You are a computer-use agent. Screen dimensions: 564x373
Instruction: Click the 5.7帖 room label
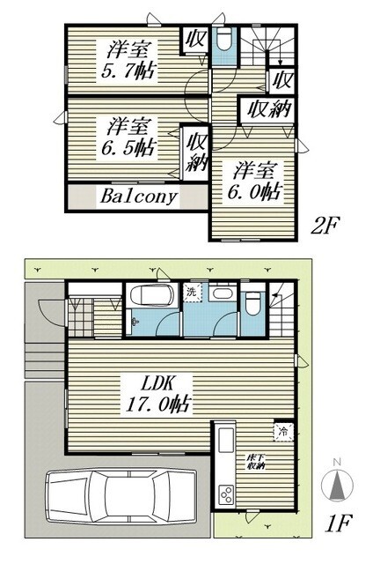tap(133, 70)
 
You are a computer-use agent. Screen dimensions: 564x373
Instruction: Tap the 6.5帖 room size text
tap(133, 146)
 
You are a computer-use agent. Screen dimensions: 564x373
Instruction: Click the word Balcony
tap(138, 196)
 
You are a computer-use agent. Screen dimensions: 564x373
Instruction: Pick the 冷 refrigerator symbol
tap(284, 432)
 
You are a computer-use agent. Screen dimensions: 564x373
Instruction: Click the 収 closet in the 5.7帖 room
tap(194, 41)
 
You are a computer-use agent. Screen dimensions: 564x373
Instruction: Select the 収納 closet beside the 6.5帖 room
tap(195, 151)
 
